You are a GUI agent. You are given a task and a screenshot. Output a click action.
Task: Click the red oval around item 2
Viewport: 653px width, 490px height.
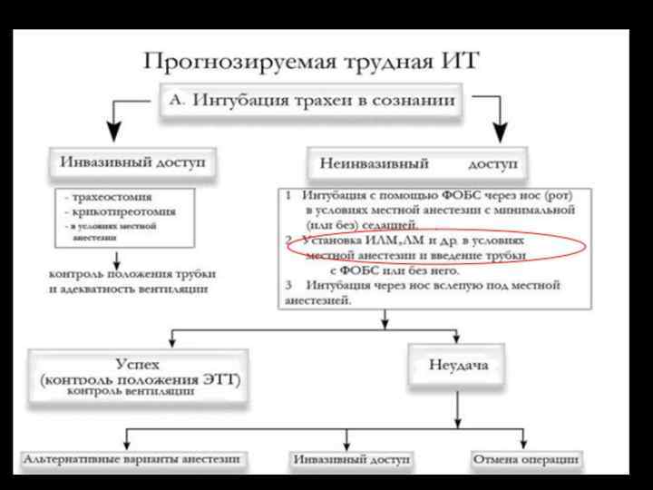tap(419, 247)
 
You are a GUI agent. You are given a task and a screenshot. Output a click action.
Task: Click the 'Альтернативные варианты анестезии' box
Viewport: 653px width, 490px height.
tap(133, 459)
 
